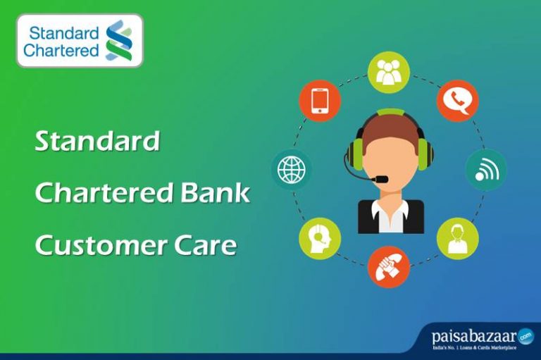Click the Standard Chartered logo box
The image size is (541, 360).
click(79, 40)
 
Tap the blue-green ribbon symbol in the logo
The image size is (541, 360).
click(118, 40)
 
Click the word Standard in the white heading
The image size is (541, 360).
click(97, 142)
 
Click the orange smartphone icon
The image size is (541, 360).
click(320, 100)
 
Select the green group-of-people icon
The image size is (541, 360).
click(388, 73)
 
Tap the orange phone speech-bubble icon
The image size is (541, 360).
click(457, 100)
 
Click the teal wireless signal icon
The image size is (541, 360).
click(485, 169)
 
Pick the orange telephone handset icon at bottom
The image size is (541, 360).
click(388, 266)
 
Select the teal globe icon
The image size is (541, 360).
click(292, 169)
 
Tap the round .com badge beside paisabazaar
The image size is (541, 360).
click(526, 337)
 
